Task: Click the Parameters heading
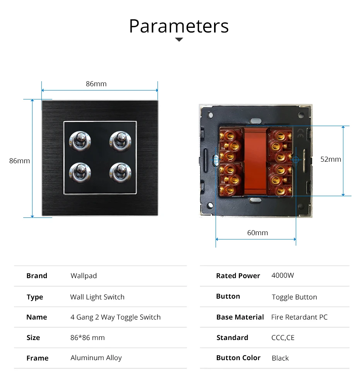[179, 26]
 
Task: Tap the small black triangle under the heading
[179, 39]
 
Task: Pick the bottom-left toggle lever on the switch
[81, 171]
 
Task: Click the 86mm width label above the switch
[96, 84]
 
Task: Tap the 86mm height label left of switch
[19, 161]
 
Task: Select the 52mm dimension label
[331, 159]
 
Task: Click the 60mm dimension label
[257, 232]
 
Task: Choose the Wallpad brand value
[84, 276]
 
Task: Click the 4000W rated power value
[283, 275]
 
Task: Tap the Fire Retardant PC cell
[299, 317]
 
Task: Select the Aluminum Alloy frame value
[96, 358]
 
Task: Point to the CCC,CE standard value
[283, 338]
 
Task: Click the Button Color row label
[238, 358]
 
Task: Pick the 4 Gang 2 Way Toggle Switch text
[115, 317]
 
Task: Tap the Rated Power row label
[238, 276]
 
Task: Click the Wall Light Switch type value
[97, 297]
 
